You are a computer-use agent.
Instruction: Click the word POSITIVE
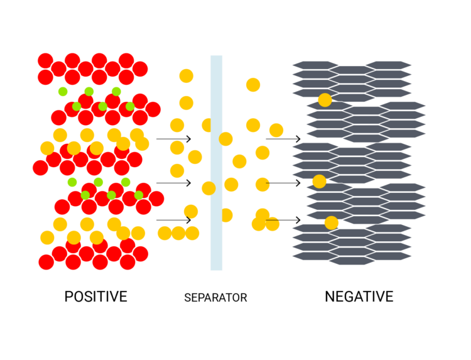click(x=95, y=297)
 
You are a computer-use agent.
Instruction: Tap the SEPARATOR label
click(x=215, y=298)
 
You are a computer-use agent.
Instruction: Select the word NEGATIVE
click(x=359, y=297)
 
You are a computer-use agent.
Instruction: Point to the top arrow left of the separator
click(x=173, y=139)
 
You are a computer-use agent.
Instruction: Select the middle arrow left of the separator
click(x=173, y=183)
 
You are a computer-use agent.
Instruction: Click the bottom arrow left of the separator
click(x=173, y=220)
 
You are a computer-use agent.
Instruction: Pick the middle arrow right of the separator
click(x=283, y=183)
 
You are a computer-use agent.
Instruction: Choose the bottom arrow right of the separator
click(x=283, y=220)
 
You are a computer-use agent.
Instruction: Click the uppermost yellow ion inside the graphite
click(x=325, y=99)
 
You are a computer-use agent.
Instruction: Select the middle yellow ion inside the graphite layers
click(x=319, y=182)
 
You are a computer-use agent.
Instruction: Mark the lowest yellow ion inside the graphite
click(x=331, y=222)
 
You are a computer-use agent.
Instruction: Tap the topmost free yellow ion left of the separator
click(x=186, y=76)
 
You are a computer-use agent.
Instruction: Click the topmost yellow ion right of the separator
click(x=253, y=85)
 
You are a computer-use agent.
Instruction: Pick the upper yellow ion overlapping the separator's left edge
click(x=208, y=125)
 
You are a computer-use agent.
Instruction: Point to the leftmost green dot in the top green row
click(x=63, y=92)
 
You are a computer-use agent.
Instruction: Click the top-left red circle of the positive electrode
click(x=45, y=61)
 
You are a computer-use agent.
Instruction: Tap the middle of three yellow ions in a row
click(x=178, y=233)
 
